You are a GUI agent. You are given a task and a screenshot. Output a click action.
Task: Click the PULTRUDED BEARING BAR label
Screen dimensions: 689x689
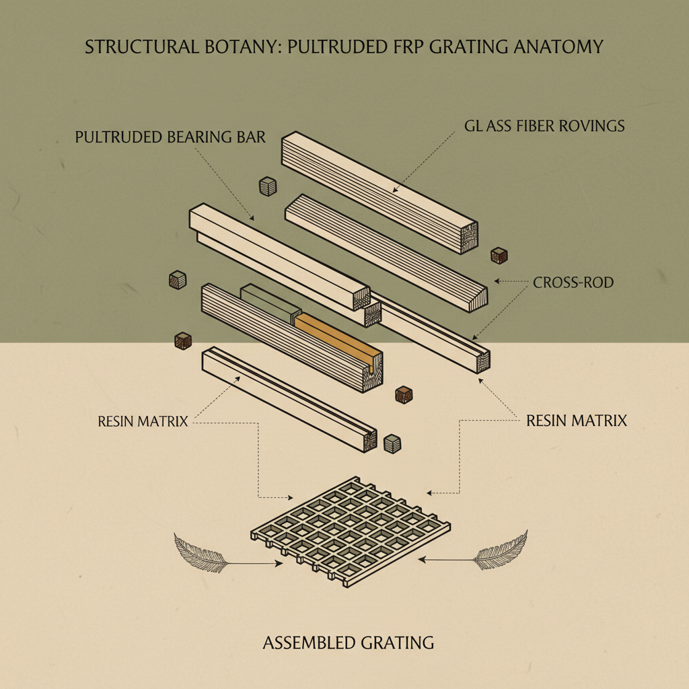pos(170,138)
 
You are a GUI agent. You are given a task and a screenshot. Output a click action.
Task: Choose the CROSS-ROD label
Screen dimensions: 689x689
pos(573,283)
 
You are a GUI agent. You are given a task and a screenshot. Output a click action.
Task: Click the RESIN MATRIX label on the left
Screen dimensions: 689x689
pos(142,423)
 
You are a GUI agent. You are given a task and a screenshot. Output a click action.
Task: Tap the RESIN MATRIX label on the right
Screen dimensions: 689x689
pos(576,421)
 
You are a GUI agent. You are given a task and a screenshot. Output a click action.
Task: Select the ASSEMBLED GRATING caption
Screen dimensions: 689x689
pos(348,643)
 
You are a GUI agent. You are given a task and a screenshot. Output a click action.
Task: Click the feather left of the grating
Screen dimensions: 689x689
pos(198,548)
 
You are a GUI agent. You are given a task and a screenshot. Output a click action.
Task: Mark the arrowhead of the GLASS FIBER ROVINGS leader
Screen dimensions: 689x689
pos(395,191)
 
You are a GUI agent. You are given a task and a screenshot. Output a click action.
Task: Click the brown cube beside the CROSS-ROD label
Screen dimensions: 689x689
pos(499,256)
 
